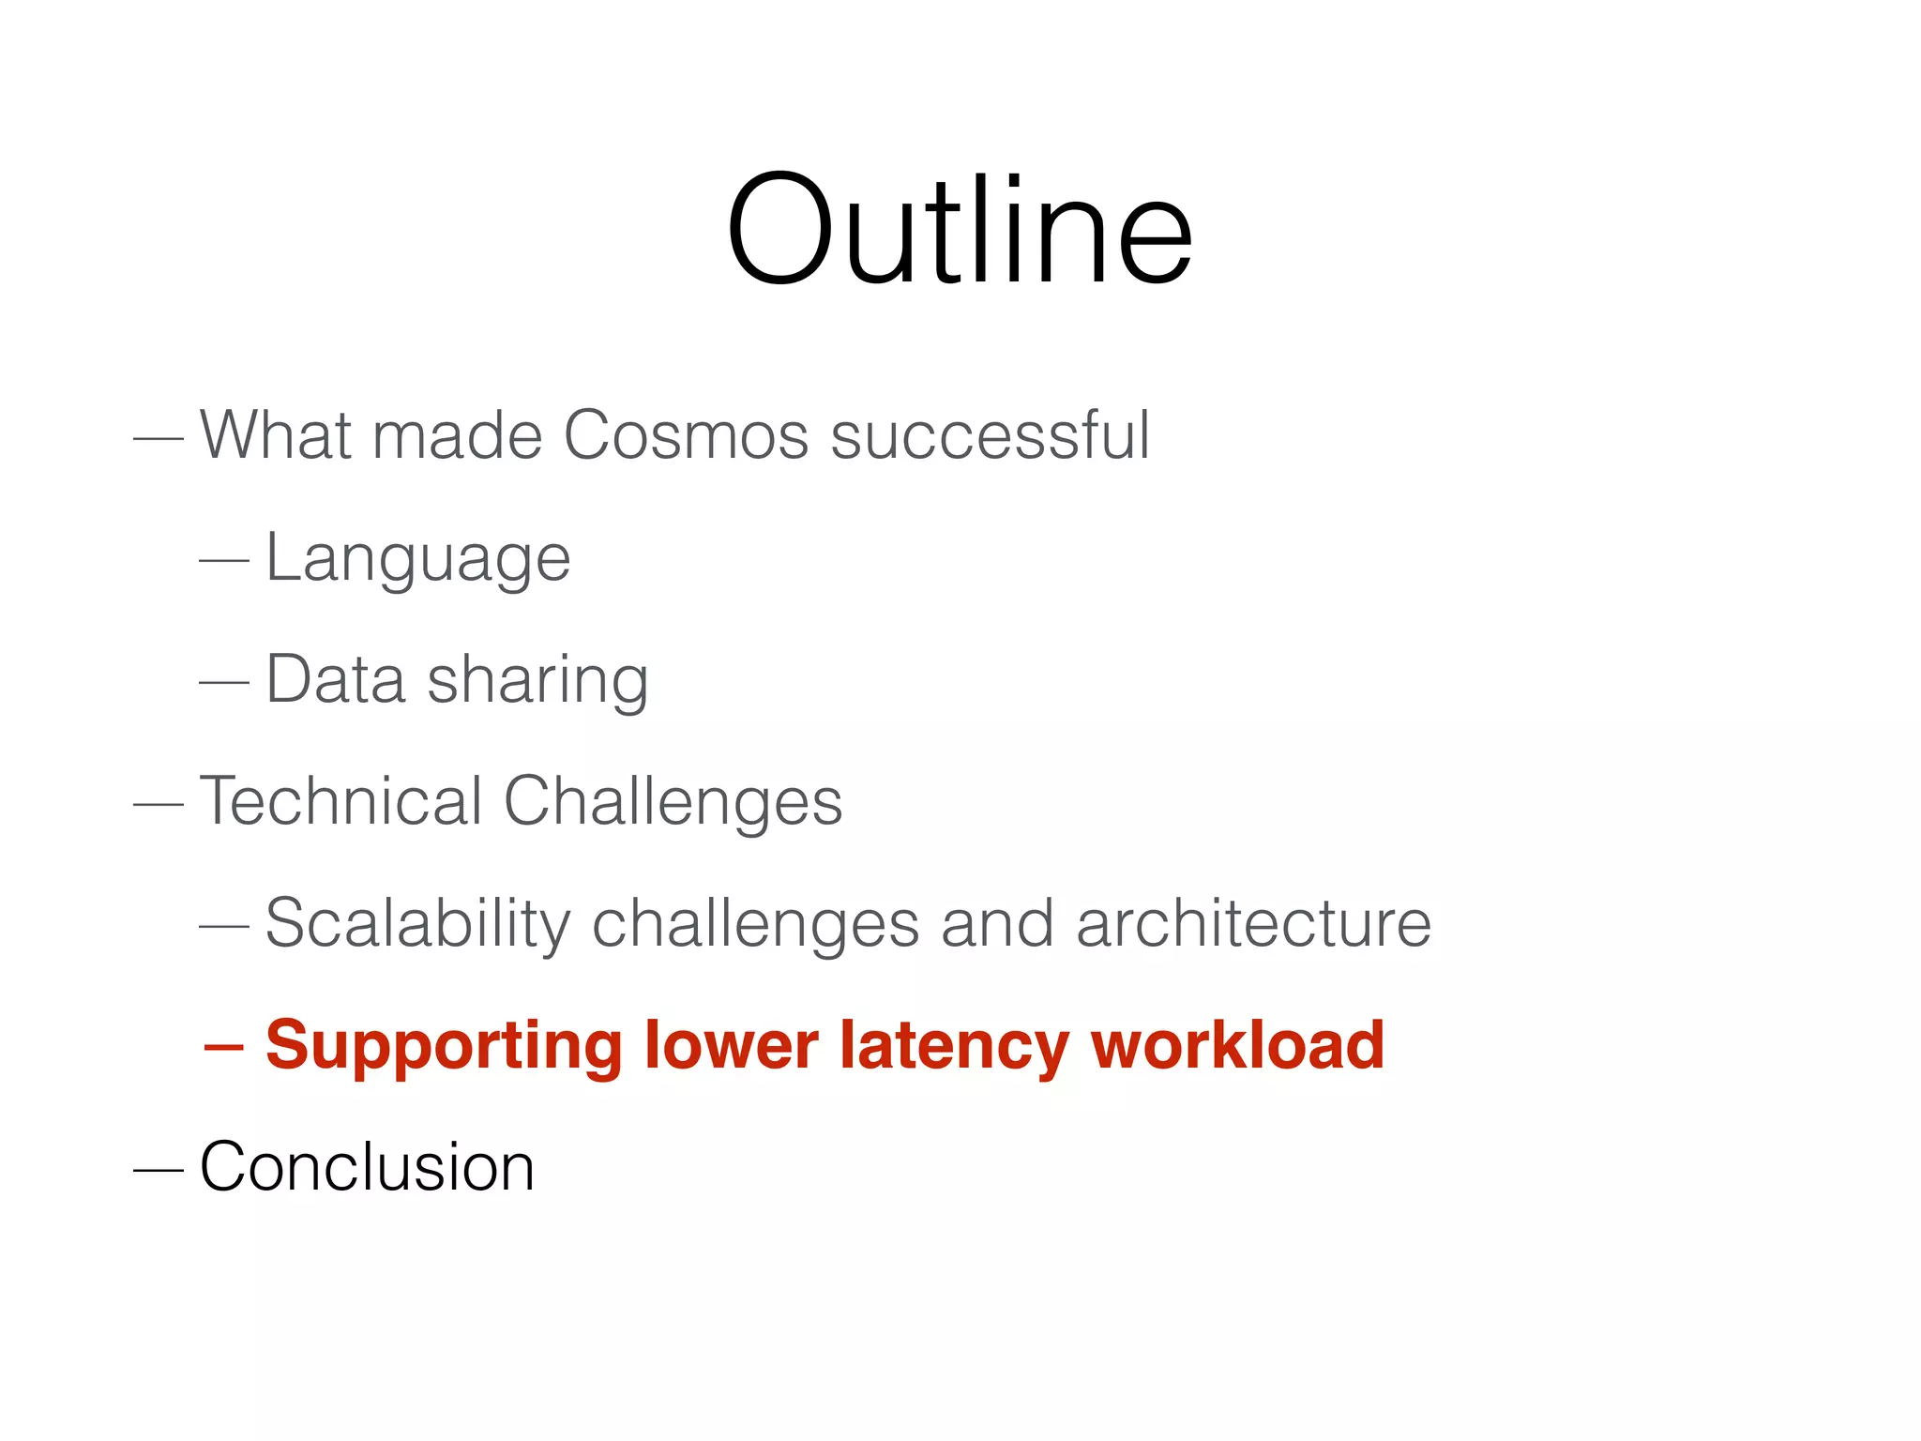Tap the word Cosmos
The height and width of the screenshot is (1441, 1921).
tap(685, 435)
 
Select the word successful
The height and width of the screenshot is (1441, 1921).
tap(990, 435)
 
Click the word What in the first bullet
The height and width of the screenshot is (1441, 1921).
tap(276, 435)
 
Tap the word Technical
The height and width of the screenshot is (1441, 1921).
tap(340, 801)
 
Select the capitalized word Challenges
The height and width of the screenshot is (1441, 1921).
tap(673, 803)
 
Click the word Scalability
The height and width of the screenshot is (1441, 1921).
tap(417, 925)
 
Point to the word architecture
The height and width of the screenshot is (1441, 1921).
tap(1253, 923)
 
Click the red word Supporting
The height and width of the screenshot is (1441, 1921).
tap(444, 1047)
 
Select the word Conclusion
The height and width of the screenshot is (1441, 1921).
tap(367, 1167)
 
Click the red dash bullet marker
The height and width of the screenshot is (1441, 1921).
tap(223, 1046)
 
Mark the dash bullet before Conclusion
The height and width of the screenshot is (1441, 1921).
tap(158, 1170)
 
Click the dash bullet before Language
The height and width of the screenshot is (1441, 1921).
tap(223, 560)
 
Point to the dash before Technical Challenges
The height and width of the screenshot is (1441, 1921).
tap(158, 804)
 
